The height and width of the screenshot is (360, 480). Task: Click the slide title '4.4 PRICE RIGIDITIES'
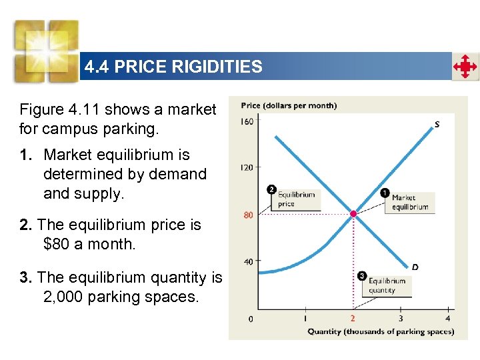[173, 67]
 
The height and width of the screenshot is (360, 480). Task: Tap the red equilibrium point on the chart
[353, 214]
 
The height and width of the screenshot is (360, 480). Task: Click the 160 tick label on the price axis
[247, 121]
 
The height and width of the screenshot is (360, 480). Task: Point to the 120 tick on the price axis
[247, 167]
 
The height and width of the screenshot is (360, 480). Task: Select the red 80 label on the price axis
[248, 215]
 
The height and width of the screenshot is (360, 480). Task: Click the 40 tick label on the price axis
[248, 261]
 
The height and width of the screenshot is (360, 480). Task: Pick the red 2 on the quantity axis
[353, 318]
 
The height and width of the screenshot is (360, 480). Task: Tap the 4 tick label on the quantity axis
[447, 318]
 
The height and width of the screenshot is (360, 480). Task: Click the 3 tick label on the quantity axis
[400, 318]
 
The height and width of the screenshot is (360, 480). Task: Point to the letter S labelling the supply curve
[437, 124]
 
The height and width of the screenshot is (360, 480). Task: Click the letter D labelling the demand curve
[415, 267]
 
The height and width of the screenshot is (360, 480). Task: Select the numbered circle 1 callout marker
[385, 193]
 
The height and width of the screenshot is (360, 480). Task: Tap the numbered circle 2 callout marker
[271, 189]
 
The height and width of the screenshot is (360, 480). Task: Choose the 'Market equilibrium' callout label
[410, 202]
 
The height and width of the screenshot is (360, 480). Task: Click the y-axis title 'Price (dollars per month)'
[289, 105]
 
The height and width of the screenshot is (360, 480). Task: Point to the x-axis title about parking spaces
[380, 331]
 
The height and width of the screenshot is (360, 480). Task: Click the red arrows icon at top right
[465, 67]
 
